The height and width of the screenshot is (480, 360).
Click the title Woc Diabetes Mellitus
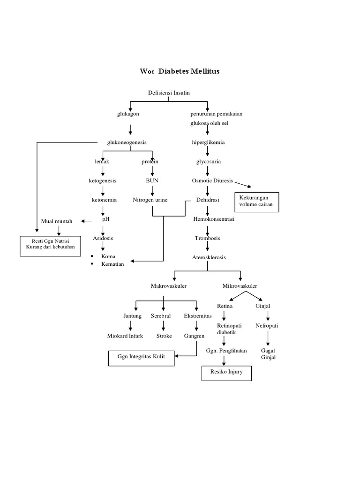(180, 71)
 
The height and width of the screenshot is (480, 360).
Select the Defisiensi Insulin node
(169, 93)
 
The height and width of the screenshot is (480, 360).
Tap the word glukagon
(128, 114)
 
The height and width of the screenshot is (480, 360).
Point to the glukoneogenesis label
(127, 142)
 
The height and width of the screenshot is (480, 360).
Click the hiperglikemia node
(208, 142)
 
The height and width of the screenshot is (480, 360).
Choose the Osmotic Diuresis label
(212, 180)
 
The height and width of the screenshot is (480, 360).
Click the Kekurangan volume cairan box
(256, 202)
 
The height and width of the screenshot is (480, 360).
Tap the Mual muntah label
(57, 221)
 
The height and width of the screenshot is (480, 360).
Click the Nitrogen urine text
(150, 200)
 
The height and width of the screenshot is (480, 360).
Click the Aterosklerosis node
(209, 257)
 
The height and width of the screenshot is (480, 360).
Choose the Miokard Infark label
(125, 336)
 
